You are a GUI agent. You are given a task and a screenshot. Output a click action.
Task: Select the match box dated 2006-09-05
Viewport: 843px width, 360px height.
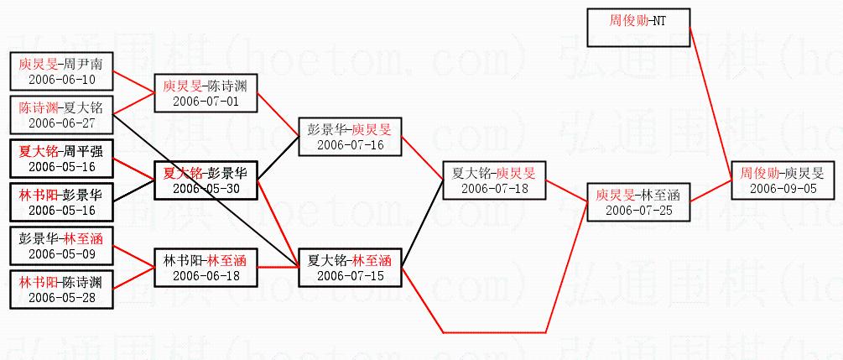(x=782, y=180)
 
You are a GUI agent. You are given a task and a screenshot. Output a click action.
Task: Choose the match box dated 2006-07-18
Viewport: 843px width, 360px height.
(x=495, y=180)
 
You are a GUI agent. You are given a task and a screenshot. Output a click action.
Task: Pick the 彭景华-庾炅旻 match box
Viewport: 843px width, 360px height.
(x=350, y=137)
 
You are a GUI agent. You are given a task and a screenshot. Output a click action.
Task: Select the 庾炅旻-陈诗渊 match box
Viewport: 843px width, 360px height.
(x=205, y=93)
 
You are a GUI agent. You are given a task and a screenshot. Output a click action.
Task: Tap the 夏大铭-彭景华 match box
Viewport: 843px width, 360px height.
(x=205, y=180)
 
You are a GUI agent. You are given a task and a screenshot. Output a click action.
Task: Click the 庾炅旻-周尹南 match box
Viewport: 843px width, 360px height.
(x=61, y=71)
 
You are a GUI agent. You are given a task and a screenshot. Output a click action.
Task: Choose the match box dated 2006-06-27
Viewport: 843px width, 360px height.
(x=61, y=115)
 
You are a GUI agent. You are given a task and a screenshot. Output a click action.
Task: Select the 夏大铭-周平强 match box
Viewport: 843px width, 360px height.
(x=61, y=159)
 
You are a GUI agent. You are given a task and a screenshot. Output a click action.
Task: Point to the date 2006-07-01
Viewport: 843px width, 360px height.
(x=205, y=102)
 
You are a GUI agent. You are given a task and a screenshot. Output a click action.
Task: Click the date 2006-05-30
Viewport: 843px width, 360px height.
(x=205, y=189)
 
